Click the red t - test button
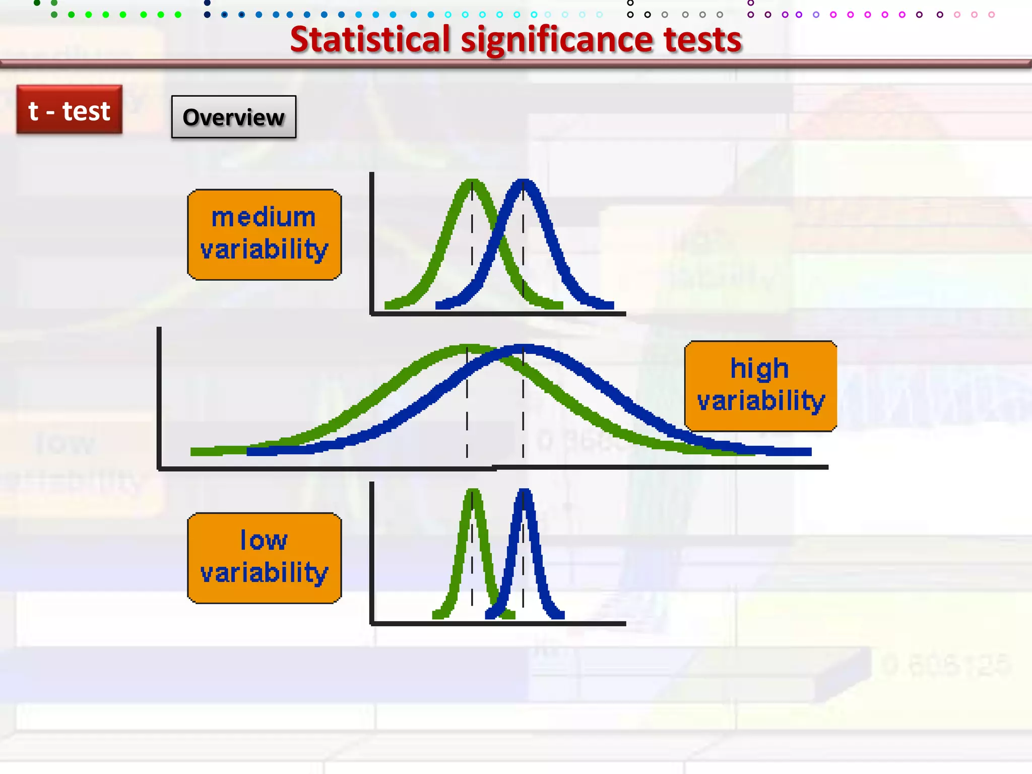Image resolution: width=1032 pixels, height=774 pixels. pyautogui.click(x=69, y=110)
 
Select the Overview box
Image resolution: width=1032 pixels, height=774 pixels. pyautogui.click(x=233, y=117)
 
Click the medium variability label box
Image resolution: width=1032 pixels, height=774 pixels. pyautogui.click(x=264, y=234)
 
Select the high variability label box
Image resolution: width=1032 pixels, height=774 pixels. pyautogui.click(x=760, y=386)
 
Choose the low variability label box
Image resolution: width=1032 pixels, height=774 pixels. pyautogui.click(x=264, y=558)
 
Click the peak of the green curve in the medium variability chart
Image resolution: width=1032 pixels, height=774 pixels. pyautogui.click(x=472, y=182)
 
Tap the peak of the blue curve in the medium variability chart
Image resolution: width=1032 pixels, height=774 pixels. pyautogui.click(x=524, y=182)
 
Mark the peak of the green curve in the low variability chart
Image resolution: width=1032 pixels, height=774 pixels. pyautogui.click(x=473, y=491)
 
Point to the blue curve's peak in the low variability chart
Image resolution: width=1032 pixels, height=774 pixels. pyautogui.click(x=524, y=491)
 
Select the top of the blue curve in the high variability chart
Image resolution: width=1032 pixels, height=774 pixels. pyautogui.click(x=524, y=348)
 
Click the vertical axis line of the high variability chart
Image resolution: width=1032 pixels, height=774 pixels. pyautogui.click(x=159, y=398)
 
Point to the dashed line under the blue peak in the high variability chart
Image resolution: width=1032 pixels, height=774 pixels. pyautogui.click(x=523, y=413)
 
